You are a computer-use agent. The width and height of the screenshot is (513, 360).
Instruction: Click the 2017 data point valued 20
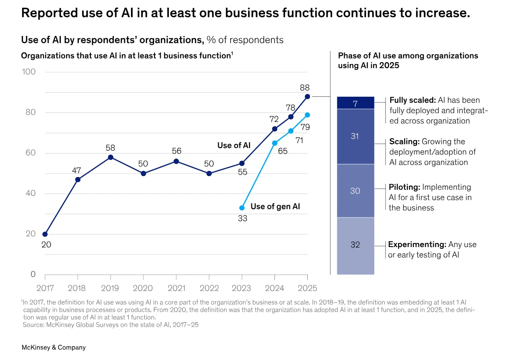45,234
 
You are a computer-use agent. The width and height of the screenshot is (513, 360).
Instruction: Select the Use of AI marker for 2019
110,157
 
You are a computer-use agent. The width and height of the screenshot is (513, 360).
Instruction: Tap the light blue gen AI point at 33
242,208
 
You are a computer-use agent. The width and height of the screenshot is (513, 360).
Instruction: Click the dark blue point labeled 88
307,96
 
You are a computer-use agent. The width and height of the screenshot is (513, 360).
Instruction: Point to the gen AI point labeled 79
307,115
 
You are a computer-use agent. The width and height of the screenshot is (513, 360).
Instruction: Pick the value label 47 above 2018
77,171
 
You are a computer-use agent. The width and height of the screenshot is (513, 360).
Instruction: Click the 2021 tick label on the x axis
176,288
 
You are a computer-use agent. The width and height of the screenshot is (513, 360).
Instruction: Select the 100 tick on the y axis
29,72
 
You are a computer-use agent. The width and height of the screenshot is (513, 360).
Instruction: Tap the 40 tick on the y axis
30,194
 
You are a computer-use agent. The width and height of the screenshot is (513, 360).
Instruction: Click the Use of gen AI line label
275,207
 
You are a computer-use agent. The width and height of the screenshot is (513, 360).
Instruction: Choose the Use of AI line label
234,145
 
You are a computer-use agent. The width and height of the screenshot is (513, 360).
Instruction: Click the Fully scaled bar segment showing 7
355,103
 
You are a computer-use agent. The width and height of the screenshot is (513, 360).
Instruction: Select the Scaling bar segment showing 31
355,136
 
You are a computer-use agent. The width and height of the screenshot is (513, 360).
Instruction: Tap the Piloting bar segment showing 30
355,190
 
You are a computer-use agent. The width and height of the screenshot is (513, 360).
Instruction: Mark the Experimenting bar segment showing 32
355,245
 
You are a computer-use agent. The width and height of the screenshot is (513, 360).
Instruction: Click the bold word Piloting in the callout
405,188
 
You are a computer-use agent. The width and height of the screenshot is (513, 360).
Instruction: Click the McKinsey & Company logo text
54,348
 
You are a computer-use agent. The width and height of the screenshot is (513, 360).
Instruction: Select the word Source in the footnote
34,325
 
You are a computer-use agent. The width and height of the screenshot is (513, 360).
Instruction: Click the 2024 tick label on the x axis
274,288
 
